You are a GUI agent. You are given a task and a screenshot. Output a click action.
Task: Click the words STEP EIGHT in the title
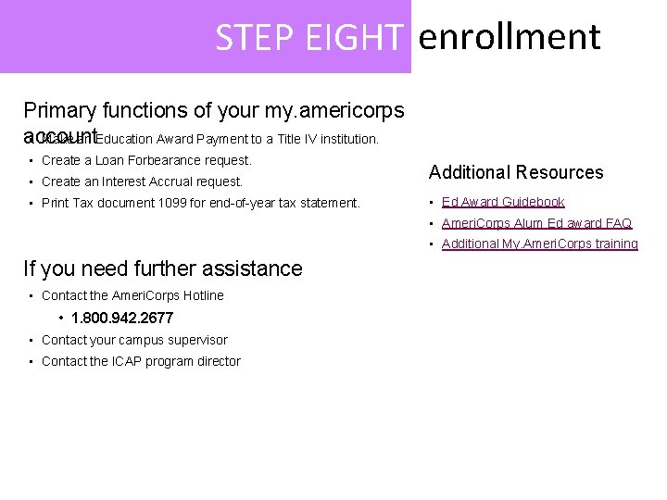pos(309,38)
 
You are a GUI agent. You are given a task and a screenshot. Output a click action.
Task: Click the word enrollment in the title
pos(510,38)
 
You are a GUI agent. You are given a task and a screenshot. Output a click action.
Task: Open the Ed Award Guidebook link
pos(503,202)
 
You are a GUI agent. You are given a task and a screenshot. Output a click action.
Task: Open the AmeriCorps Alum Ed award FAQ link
pos(536,223)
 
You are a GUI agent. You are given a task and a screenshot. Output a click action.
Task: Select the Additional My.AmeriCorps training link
pos(539,244)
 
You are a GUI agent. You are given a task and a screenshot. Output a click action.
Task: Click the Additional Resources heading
pos(515,172)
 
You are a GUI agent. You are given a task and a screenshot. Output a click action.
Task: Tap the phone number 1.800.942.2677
pos(122,318)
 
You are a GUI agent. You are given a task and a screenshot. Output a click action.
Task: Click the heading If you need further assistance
pos(162,269)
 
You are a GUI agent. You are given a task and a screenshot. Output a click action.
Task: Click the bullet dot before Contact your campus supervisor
pos(31,340)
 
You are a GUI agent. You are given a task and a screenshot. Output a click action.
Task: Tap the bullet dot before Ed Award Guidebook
pos(432,202)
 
